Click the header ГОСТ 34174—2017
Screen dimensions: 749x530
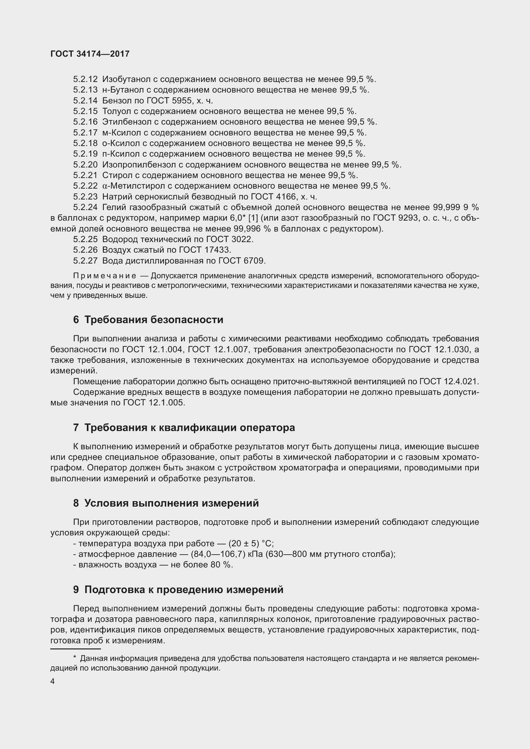point(90,54)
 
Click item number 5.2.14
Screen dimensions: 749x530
point(85,101)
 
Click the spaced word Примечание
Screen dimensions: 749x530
point(105,276)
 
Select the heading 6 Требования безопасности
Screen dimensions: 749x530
point(148,320)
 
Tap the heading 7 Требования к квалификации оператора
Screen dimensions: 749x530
point(184,428)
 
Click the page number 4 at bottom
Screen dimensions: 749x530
point(53,682)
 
